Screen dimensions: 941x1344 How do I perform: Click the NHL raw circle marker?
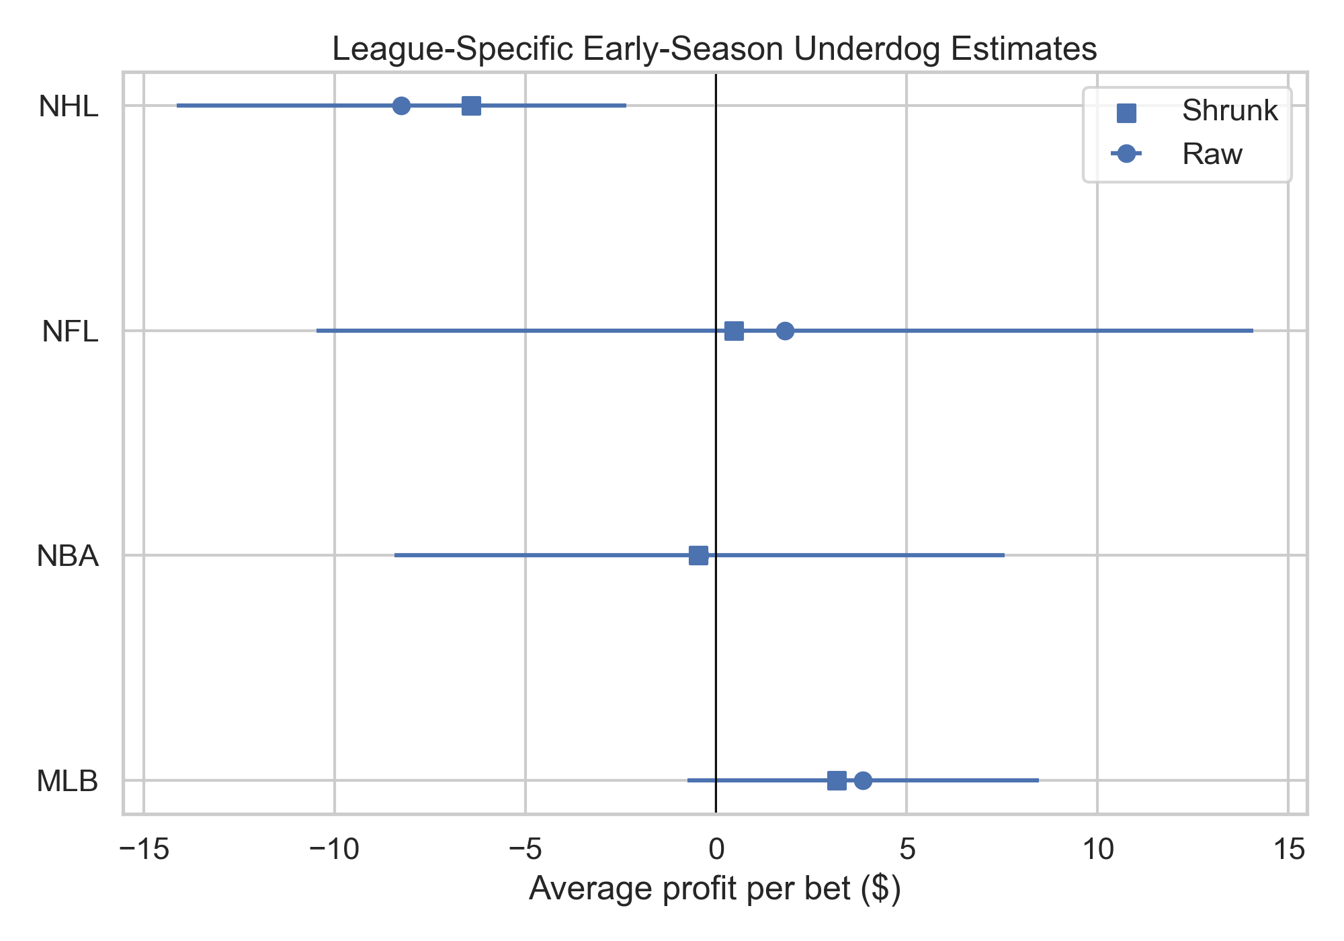pos(401,106)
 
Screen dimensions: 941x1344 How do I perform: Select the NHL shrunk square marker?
pos(471,106)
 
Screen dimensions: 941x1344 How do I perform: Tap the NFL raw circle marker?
pos(785,331)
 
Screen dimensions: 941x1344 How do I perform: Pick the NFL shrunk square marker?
pos(734,331)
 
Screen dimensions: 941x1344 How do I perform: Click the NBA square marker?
pos(698,555)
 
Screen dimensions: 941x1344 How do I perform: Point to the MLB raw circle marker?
pos(863,780)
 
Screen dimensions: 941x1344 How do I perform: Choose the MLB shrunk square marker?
pos(837,780)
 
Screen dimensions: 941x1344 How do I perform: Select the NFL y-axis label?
pos(70,331)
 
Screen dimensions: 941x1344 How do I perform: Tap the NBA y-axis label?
pos(68,557)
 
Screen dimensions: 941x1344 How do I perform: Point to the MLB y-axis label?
pos(67,781)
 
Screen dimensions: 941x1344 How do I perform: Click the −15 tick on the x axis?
pos(144,850)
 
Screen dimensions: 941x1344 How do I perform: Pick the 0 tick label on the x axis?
pos(716,850)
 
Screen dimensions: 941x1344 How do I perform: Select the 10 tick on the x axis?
pos(1097,850)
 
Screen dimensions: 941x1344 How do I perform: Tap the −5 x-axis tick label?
pos(526,850)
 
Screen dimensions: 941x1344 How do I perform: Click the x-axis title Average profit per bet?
pos(714,889)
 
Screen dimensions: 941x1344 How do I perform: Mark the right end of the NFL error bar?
pos(1253,331)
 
